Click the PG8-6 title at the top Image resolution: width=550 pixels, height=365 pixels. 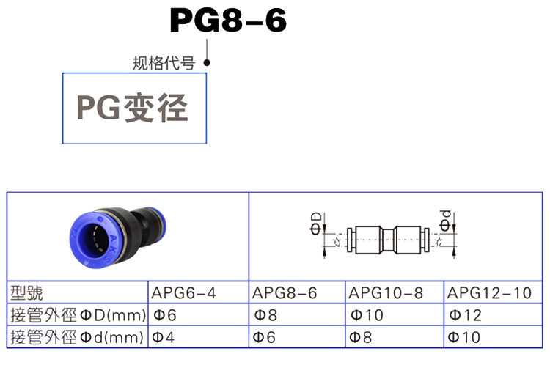pos(227,21)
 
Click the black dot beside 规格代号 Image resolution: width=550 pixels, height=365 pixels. pos(208,63)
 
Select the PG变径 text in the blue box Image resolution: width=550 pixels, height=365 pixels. pos(133,108)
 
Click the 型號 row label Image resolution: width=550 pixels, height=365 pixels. pos(28,293)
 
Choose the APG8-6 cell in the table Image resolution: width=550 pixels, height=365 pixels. pos(285,293)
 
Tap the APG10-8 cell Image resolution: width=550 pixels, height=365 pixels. pos(386,293)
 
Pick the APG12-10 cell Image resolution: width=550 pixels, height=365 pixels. pos(490,293)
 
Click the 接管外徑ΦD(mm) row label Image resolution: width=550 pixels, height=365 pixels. pos(76,316)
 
